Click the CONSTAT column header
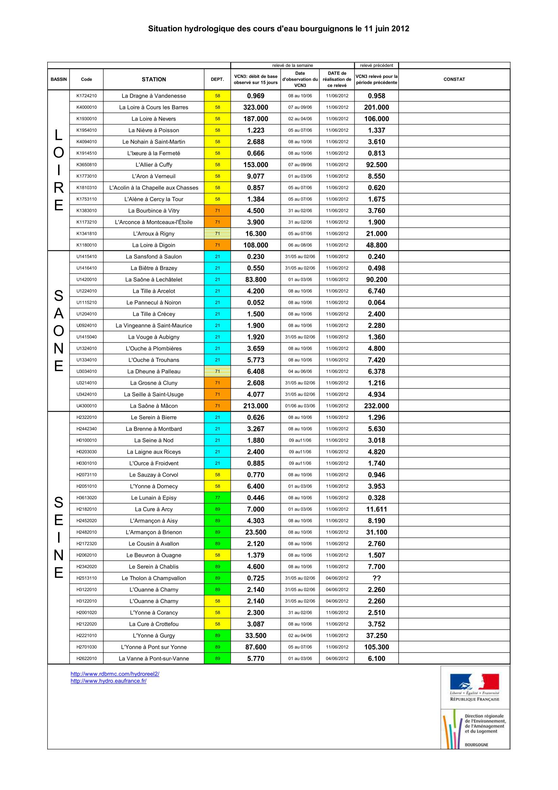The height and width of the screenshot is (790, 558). pyautogui.click(x=454, y=79)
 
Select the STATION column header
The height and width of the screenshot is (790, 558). pyautogui.click(x=154, y=79)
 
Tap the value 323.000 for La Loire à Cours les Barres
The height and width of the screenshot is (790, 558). pyautogui.click(x=256, y=107)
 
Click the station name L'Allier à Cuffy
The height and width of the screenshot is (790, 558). pyautogui.click(x=154, y=165)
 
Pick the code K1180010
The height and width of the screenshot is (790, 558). pyautogui.click(x=86, y=245)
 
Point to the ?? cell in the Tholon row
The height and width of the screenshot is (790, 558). pyautogui.click(x=376, y=578)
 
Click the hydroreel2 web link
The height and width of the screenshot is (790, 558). pyautogui.click(x=115, y=674)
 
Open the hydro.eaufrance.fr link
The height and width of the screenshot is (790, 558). pyautogui.click(x=109, y=681)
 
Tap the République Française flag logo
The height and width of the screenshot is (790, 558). pyautogui.click(x=475, y=682)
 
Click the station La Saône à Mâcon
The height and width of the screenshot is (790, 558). pyautogui.click(x=154, y=406)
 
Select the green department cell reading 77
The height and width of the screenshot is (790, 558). pyautogui.click(x=217, y=498)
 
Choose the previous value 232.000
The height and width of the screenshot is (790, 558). pyautogui.click(x=376, y=406)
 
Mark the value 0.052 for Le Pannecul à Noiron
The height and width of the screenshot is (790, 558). pyautogui.click(x=256, y=302)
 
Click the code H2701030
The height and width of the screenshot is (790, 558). pyautogui.click(x=86, y=647)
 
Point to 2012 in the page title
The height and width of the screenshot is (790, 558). pyautogui.click(x=400, y=29)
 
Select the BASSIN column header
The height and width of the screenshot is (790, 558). pyautogui.click(x=59, y=79)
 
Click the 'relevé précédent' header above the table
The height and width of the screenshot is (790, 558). pyautogui.click(x=376, y=66)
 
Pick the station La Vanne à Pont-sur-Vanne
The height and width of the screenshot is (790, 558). pyautogui.click(x=154, y=659)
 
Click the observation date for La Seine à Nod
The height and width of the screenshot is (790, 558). pyautogui.click(x=300, y=440)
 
